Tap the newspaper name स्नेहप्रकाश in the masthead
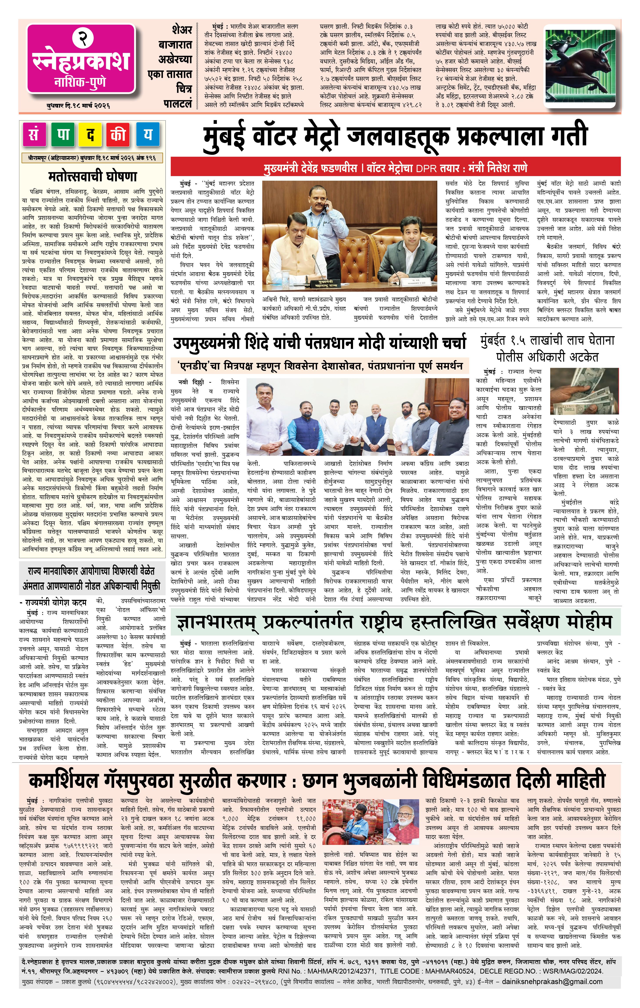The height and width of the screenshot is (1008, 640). (x=81, y=61)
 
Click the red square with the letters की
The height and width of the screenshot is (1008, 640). (x=119, y=135)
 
